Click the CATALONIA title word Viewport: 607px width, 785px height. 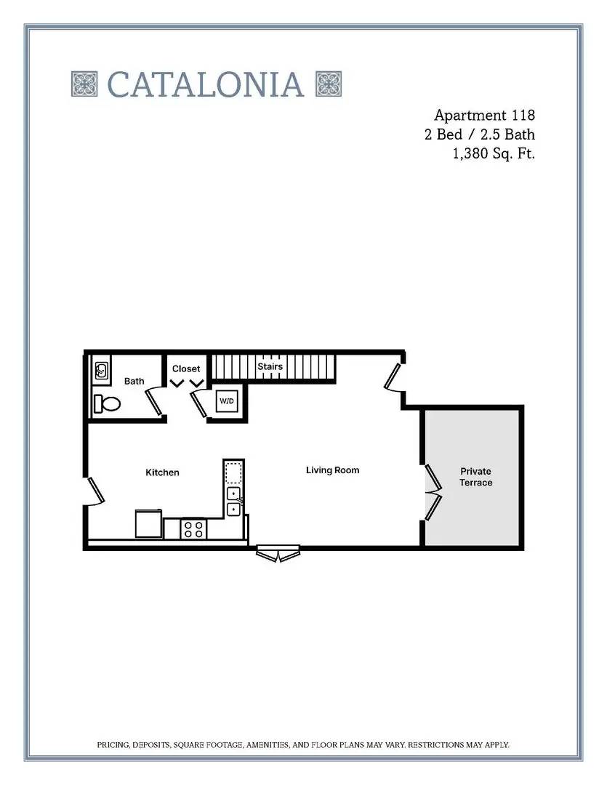[x=205, y=84]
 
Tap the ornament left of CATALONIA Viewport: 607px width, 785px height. [x=84, y=84]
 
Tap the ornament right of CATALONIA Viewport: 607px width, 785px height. [x=329, y=84]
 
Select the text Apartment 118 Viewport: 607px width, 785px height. [x=484, y=115]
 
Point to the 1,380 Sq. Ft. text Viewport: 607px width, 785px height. [x=494, y=153]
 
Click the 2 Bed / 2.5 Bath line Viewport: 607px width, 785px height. [x=480, y=134]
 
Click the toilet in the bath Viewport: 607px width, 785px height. [x=107, y=403]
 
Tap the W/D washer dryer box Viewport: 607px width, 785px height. [x=227, y=401]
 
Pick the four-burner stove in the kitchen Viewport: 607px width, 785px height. [x=193, y=529]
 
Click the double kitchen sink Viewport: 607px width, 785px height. [x=234, y=502]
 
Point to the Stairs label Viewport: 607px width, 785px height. [x=270, y=366]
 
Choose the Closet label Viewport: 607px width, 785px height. [x=186, y=369]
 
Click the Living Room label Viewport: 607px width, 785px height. [x=332, y=470]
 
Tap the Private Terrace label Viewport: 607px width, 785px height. [x=475, y=477]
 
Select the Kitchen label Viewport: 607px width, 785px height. [x=162, y=472]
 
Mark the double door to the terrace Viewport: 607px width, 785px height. [x=433, y=493]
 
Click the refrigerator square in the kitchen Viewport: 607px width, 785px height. [x=149, y=523]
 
